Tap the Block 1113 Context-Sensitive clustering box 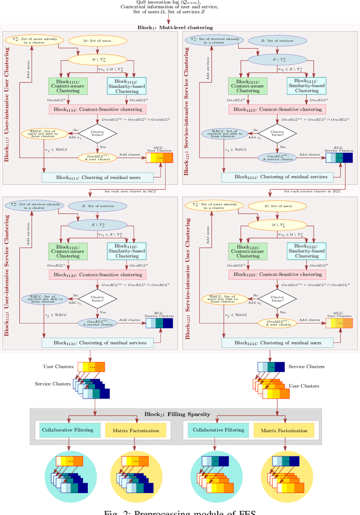(97, 110)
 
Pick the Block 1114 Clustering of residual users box (97, 177)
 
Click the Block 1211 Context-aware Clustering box (248, 86)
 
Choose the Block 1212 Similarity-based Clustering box (307, 86)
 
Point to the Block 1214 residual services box (278, 177)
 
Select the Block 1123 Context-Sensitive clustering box (97, 274)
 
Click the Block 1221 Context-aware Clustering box (248, 250)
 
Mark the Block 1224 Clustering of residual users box (278, 342)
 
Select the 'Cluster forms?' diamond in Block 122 (277, 299)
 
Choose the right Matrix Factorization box (284, 430)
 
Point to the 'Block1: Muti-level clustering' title (180, 27)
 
